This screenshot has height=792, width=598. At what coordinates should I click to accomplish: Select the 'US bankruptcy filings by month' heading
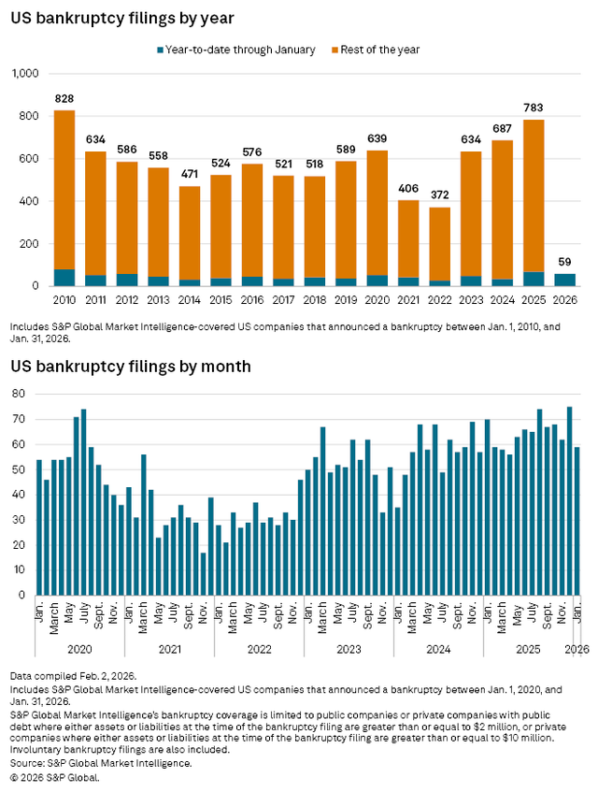(130, 366)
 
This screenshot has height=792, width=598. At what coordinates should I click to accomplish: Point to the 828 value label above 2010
(64, 98)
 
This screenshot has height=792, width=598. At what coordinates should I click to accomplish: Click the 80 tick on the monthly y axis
(17, 394)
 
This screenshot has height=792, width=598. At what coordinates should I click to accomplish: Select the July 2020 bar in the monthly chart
(83, 501)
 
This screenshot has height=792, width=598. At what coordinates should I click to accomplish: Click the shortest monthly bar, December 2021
(204, 573)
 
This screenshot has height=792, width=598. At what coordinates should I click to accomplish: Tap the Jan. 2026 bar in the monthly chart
(577, 520)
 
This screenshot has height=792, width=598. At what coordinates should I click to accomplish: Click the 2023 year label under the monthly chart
(349, 648)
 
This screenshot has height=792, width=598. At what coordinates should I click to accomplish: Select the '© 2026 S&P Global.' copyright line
(55, 777)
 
